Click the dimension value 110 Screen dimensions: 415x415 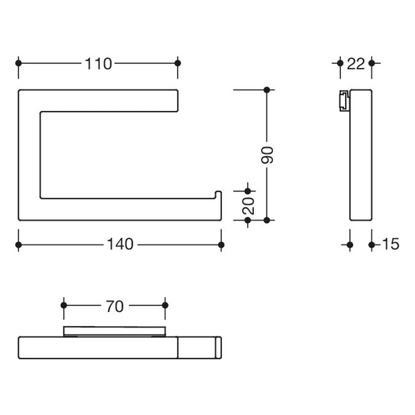98,64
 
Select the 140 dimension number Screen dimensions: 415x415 120,244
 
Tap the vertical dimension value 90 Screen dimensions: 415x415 267,155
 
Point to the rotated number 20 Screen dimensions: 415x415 248,206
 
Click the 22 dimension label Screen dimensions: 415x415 356,64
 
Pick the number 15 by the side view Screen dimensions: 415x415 391,244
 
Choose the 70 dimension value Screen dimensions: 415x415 115,306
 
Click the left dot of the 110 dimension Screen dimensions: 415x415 19,63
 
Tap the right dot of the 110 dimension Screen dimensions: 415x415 178,63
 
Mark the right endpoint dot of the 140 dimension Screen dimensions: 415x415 221,245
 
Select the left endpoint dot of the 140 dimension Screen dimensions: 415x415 19,245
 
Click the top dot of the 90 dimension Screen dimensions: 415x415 267,90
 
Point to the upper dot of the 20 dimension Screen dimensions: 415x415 248,191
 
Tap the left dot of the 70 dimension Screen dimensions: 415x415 64,305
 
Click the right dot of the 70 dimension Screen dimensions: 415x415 165,305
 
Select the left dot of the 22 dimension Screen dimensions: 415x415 340,63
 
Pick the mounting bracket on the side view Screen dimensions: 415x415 344,100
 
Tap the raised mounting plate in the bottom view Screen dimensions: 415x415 115,331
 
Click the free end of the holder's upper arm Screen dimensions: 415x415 177,101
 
